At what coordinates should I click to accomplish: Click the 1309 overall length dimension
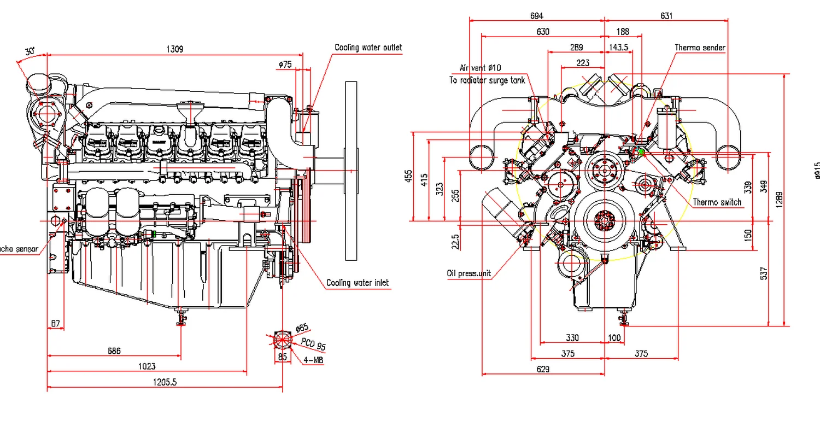(x=174, y=49)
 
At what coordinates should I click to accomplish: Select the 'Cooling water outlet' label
(x=368, y=48)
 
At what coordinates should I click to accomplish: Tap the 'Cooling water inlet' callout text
(x=358, y=283)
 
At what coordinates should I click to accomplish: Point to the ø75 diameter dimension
(x=285, y=65)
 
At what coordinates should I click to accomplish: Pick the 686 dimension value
(x=114, y=351)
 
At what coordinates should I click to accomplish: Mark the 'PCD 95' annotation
(x=313, y=344)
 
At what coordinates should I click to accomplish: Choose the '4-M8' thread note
(x=313, y=360)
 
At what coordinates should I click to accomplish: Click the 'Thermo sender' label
(x=699, y=48)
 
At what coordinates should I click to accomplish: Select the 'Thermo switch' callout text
(x=717, y=202)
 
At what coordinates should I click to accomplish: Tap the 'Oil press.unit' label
(x=468, y=273)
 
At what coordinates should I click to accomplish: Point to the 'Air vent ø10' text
(x=480, y=68)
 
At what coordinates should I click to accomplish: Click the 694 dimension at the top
(x=536, y=16)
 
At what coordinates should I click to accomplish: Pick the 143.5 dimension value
(x=618, y=48)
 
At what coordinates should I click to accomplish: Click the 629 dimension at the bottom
(x=543, y=369)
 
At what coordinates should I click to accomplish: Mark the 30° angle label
(x=30, y=51)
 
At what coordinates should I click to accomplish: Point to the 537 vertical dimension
(x=764, y=273)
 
